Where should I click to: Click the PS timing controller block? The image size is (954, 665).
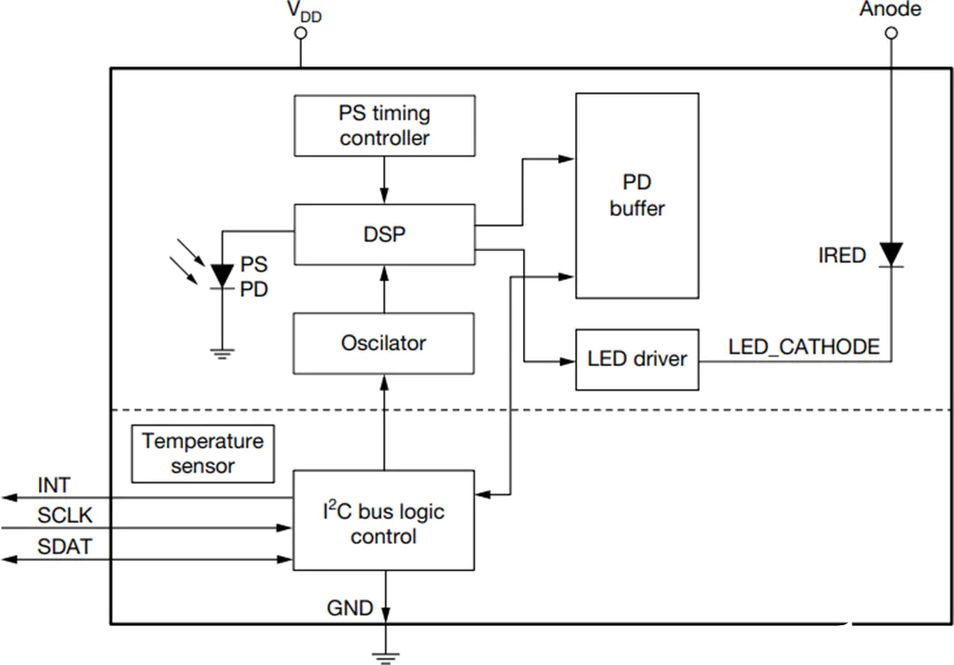click(384, 126)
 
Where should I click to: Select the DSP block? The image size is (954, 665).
click(384, 234)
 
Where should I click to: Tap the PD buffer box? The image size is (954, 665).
click(637, 195)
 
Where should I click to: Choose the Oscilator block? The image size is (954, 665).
click(384, 343)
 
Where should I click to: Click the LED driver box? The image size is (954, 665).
click(637, 359)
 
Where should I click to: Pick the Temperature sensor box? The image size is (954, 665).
click(203, 454)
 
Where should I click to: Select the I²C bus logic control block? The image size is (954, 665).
click(384, 520)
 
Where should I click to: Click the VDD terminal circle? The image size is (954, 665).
click(300, 33)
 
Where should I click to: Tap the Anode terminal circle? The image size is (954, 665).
click(891, 33)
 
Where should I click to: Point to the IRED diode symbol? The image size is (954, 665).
click(891, 255)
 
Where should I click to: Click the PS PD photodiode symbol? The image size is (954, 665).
click(222, 277)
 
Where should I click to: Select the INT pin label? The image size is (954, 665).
click(54, 485)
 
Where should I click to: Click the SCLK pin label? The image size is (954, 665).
click(65, 516)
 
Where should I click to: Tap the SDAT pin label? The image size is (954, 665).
click(65, 547)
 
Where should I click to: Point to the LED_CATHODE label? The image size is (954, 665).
click(805, 348)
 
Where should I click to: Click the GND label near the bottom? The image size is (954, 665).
click(350, 608)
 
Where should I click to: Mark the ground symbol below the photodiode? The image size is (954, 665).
click(222, 354)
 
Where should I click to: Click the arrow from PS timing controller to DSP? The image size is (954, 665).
click(384, 180)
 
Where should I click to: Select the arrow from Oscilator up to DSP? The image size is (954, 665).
click(384, 289)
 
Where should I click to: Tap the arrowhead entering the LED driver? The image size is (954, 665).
click(568, 362)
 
